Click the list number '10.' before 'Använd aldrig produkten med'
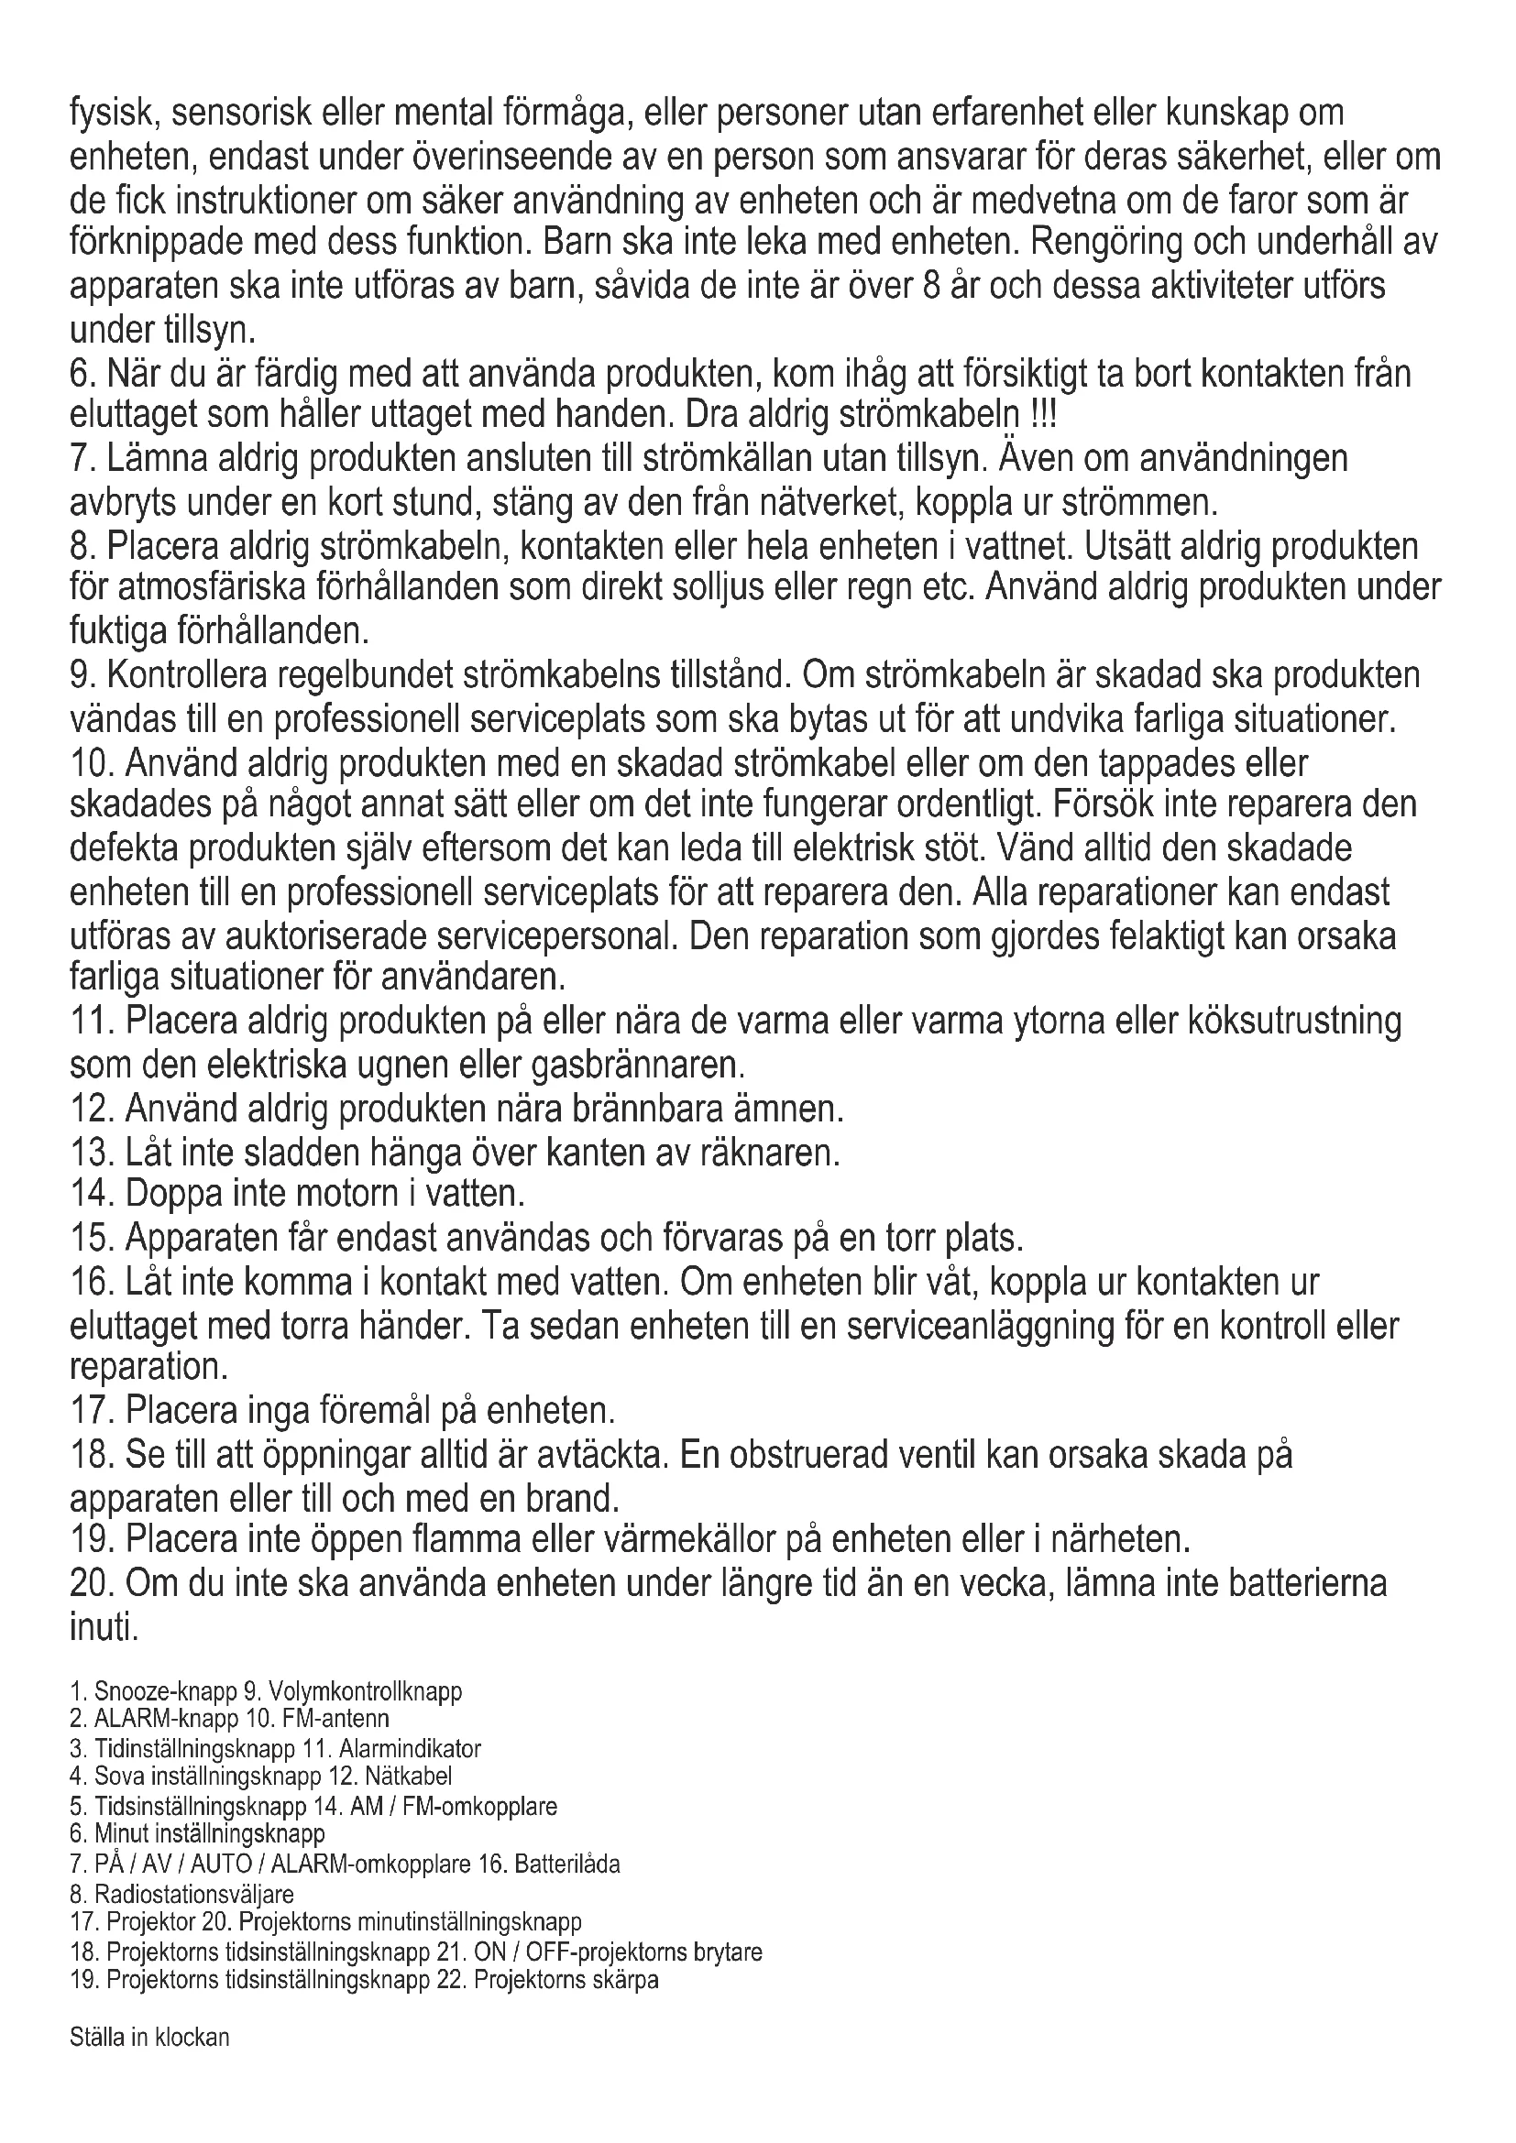pyautogui.click(x=93, y=762)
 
